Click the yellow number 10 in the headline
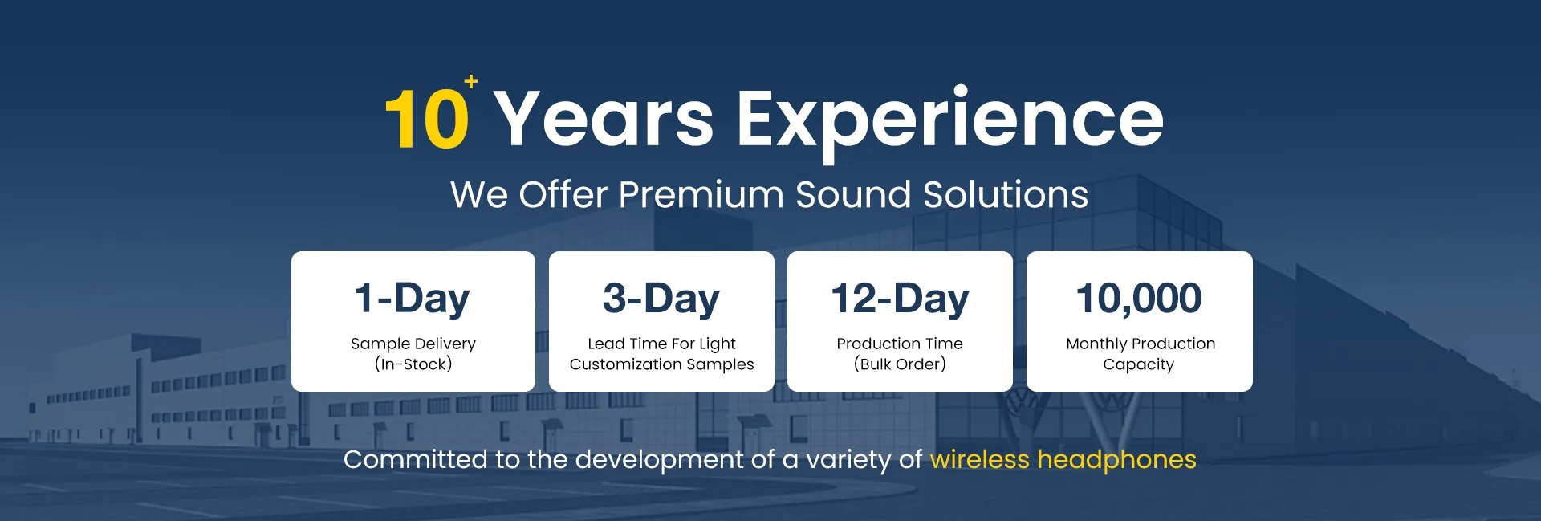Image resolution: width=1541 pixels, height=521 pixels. (x=427, y=119)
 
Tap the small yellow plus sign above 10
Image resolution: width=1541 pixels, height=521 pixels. (x=471, y=81)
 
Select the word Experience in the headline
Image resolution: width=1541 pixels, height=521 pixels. (x=950, y=122)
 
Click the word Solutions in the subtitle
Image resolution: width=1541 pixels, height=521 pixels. (x=1006, y=194)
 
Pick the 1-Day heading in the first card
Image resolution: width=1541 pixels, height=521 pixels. (x=413, y=299)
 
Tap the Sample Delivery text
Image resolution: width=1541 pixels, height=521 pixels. (x=413, y=344)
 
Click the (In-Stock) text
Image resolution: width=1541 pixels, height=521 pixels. (x=413, y=364)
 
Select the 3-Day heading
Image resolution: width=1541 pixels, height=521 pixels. (x=661, y=299)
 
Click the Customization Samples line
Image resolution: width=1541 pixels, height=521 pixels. (x=662, y=364)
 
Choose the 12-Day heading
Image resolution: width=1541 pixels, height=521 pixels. (x=900, y=299)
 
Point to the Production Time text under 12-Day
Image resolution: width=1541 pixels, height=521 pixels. (x=900, y=344)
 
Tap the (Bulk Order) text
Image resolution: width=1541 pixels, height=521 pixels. (x=900, y=364)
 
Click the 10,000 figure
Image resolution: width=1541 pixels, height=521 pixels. (x=1139, y=299)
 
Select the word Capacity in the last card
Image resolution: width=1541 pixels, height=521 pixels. (x=1139, y=365)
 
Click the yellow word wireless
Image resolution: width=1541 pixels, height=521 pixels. (x=980, y=459)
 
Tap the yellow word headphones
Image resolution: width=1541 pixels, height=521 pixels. (x=1117, y=460)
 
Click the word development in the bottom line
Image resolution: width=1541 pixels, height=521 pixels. (x=660, y=460)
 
